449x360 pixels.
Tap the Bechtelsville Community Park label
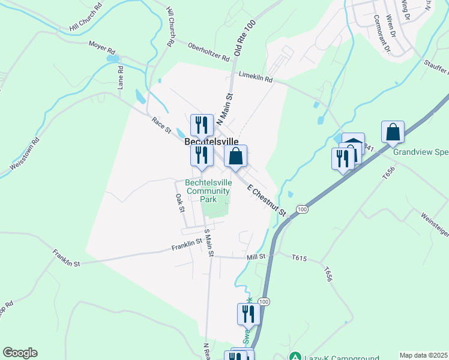tap(208, 191)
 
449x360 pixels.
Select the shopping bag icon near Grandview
tap(393, 132)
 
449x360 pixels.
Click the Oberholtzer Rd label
tap(208, 52)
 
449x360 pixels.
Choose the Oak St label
tap(179, 203)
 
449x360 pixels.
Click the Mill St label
tap(256, 256)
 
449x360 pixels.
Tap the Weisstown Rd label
tap(24, 153)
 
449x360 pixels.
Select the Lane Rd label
tap(121, 77)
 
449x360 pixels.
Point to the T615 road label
tap(300, 259)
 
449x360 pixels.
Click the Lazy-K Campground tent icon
tap(295, 356)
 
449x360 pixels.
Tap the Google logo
tap(20, 353)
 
